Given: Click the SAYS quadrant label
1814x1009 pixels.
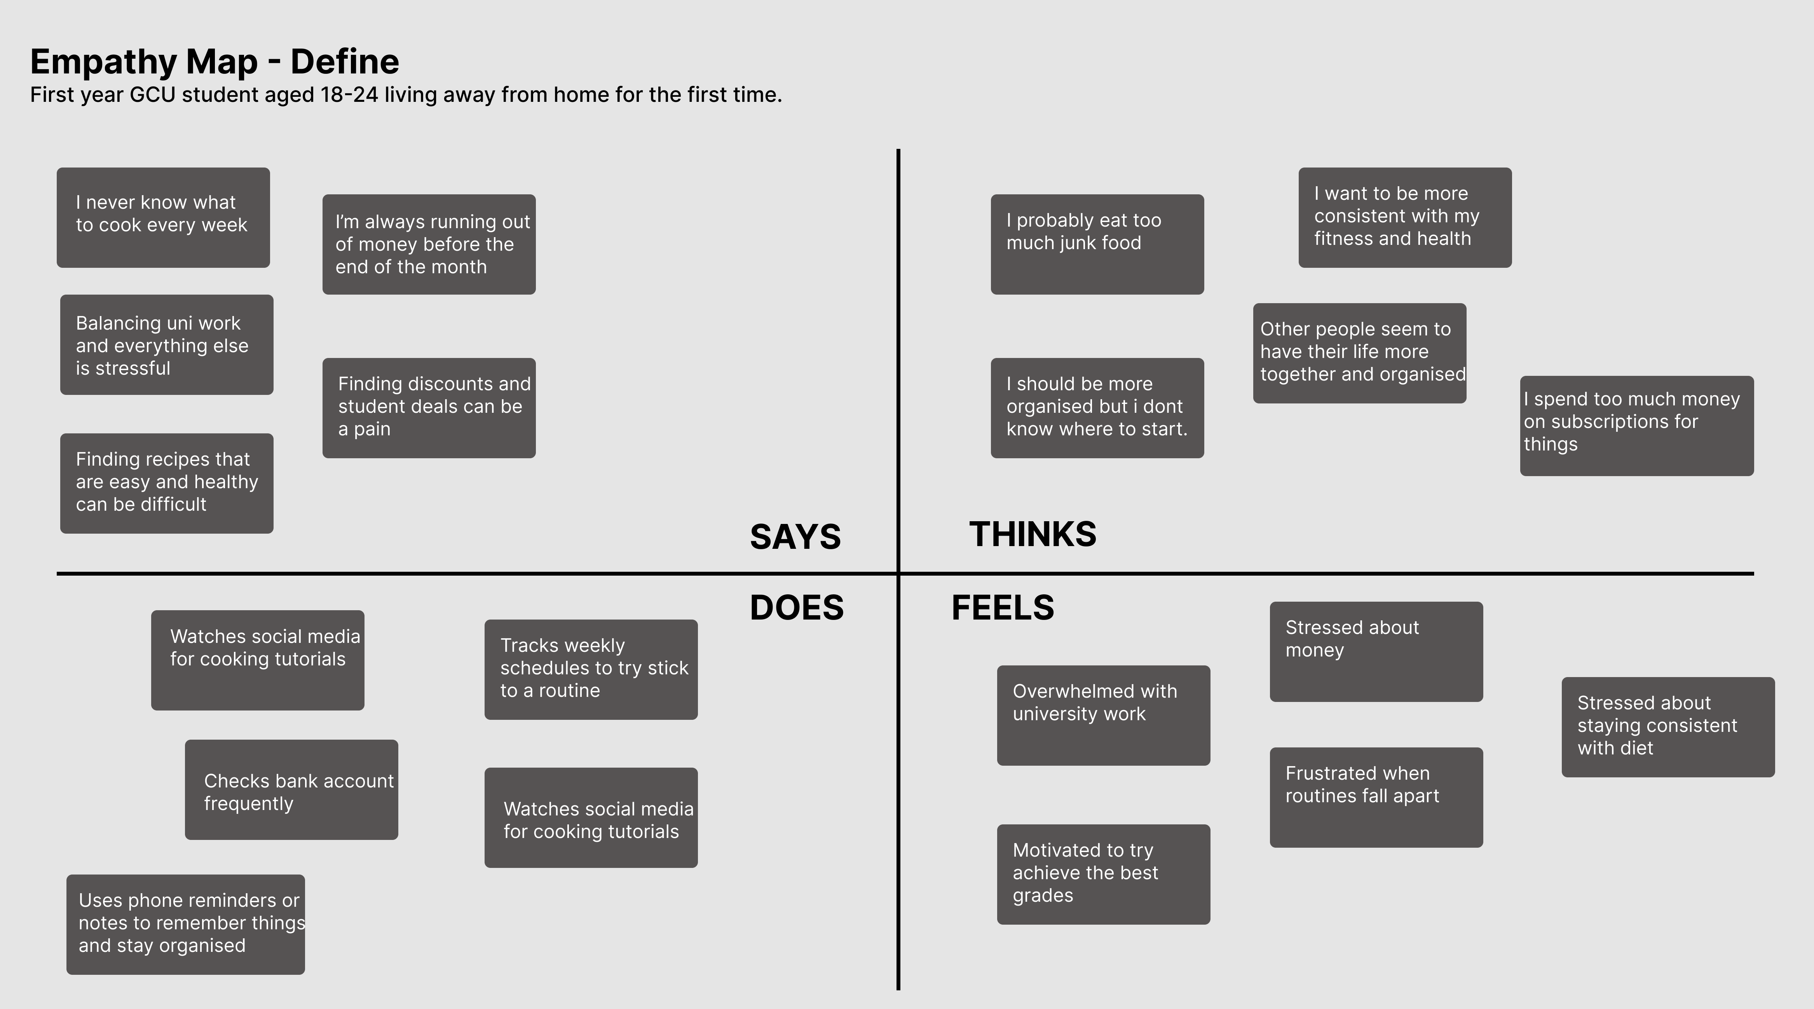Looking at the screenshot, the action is point(795,536).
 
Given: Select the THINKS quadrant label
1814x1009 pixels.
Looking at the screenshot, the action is point(1033,534).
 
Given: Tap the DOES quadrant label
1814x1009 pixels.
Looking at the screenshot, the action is point(796,607).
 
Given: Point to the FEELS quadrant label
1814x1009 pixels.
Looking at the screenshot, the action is point(1003,607).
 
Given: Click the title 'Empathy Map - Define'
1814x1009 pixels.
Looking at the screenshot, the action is point(215,61).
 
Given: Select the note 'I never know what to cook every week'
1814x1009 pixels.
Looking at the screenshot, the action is point(163,218).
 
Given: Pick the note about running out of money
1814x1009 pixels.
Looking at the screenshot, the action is point(429,244).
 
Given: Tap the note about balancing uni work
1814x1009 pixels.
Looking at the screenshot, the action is point(167,345).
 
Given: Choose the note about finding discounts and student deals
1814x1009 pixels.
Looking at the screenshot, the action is point(429,408).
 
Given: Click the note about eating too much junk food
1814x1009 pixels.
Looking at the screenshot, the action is point(1097,244).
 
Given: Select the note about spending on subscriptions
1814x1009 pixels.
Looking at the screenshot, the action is point(1636,426).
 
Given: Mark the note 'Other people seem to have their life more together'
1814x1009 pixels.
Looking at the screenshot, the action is point(1360,353).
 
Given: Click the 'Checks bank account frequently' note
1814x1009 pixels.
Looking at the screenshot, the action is point(291,789).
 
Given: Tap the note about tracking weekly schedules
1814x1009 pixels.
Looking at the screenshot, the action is point(591,670).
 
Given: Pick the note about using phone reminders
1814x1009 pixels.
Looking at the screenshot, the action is point(186,925).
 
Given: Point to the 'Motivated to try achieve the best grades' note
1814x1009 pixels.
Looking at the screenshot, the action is point(1104,875).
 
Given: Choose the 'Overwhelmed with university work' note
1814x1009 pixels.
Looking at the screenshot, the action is point(1104,716).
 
